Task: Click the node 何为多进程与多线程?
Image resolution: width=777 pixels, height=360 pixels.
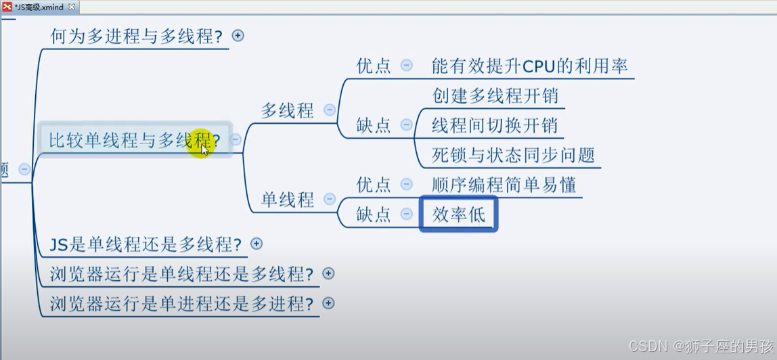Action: pos(136,37)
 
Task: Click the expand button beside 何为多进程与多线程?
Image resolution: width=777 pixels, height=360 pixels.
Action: pos(238,36)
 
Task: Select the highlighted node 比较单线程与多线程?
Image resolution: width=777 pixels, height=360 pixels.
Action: pos(134,141)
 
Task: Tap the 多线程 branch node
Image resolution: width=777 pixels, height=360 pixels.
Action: pos(288,110)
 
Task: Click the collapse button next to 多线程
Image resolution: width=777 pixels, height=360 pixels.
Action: pos(330,110)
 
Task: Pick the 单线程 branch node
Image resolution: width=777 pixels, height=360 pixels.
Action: pos(288,199)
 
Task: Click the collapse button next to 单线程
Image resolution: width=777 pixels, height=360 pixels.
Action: pos(330,199)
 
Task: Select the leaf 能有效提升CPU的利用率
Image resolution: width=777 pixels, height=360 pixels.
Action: pos(529,66)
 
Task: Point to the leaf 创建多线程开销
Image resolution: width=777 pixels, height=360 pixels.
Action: pos(495,95)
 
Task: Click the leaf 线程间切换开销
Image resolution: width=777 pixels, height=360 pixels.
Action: pos(495,125)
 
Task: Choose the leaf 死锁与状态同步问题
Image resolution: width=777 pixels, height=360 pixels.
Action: pos(513,155)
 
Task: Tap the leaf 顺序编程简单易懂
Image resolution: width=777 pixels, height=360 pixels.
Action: pos(504,184)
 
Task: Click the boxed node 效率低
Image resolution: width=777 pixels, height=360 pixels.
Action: pos(458,214)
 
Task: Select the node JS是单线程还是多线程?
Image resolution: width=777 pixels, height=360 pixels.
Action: pos(146,244)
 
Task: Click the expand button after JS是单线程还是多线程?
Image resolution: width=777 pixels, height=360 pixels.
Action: pos(257,244)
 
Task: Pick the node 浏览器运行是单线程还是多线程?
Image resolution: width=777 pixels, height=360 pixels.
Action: pos(181,274)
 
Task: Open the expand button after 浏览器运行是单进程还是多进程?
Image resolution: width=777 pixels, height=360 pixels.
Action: pos(328,303)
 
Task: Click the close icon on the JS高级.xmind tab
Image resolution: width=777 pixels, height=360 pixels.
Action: pos(72,7)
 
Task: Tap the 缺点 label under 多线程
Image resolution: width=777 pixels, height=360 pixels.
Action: pos(374,125)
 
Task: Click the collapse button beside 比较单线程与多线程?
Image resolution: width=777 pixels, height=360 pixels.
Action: pos(236,140)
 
